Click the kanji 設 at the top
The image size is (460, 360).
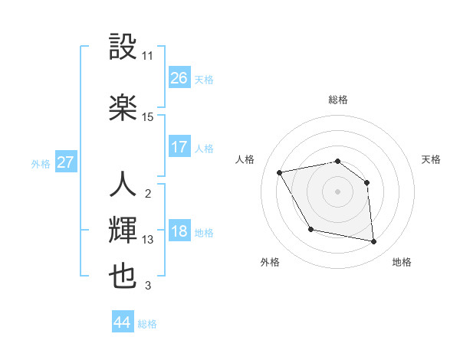(x=123, y=47)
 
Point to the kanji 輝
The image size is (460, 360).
(x=123, y=230)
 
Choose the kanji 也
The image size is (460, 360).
(x=123, y=276)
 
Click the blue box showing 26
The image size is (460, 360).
(x=179, y=78)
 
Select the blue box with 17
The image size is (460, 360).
(x=179, y=147)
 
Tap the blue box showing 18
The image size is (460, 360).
(x=179, y=232)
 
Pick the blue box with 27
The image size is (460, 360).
(x=65, y=162)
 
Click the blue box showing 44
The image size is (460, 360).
(x=122, y=322)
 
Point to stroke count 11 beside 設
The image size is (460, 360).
(x=148, y=56)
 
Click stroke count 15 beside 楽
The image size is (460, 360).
(x=148, y=116)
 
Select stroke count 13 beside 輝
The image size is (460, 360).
(x=148, y=240)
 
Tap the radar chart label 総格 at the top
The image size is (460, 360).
(x=338, y=100)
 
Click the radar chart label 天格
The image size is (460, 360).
(x=431, y=159)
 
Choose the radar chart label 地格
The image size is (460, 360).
(x=402, y=262)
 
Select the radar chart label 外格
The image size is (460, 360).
(x=270, y=262)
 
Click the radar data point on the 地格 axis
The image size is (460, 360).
(x=374, y=242)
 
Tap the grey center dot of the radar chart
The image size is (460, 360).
(x=338, y=191)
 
